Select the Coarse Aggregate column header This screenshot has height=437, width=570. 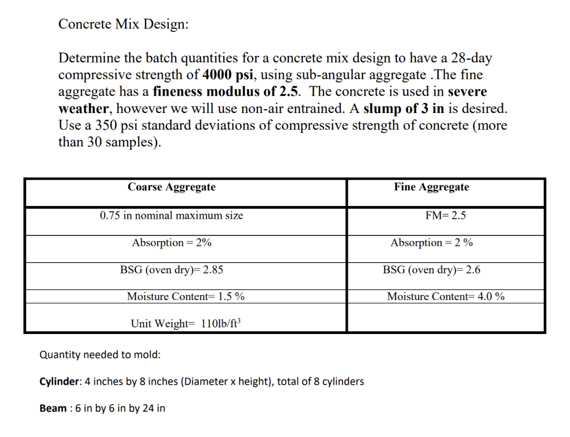point(171,187)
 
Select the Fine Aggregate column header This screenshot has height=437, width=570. point(431,187)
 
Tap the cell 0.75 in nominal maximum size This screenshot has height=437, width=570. point(171,215)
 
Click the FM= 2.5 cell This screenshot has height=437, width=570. point(445,215)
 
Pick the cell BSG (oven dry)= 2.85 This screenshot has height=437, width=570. point(171,270)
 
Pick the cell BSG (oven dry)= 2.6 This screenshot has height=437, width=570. point(431,270)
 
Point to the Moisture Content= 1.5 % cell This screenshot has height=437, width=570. point(186,297)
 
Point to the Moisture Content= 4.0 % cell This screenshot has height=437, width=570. point(446,297)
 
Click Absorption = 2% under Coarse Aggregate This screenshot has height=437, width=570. point(171,243)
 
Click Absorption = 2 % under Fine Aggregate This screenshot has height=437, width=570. point(431,243)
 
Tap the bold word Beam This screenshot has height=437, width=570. point(53,408)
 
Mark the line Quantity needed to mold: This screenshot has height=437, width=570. point(100,355)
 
